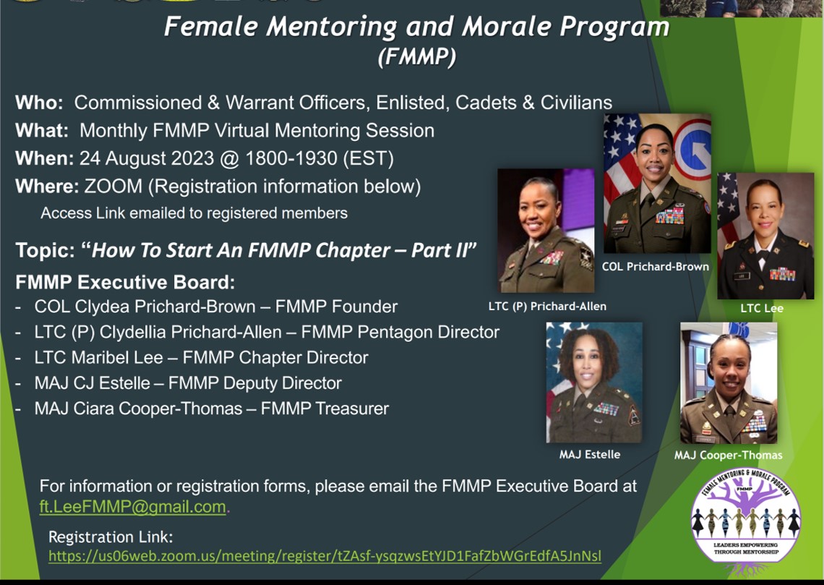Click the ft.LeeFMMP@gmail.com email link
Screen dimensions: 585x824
133,507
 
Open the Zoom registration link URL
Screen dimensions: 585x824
325,555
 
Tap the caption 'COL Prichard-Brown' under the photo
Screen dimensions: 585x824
656,266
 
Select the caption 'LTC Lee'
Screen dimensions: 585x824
762,308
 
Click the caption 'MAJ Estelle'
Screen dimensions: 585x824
589,454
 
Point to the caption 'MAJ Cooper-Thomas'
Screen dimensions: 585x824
728,455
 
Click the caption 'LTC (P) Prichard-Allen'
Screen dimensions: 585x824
547,306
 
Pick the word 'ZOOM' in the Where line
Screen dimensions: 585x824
113,186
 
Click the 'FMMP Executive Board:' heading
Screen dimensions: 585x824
125,282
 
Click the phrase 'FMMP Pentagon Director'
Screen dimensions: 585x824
400,332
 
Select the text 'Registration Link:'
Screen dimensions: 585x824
111,537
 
